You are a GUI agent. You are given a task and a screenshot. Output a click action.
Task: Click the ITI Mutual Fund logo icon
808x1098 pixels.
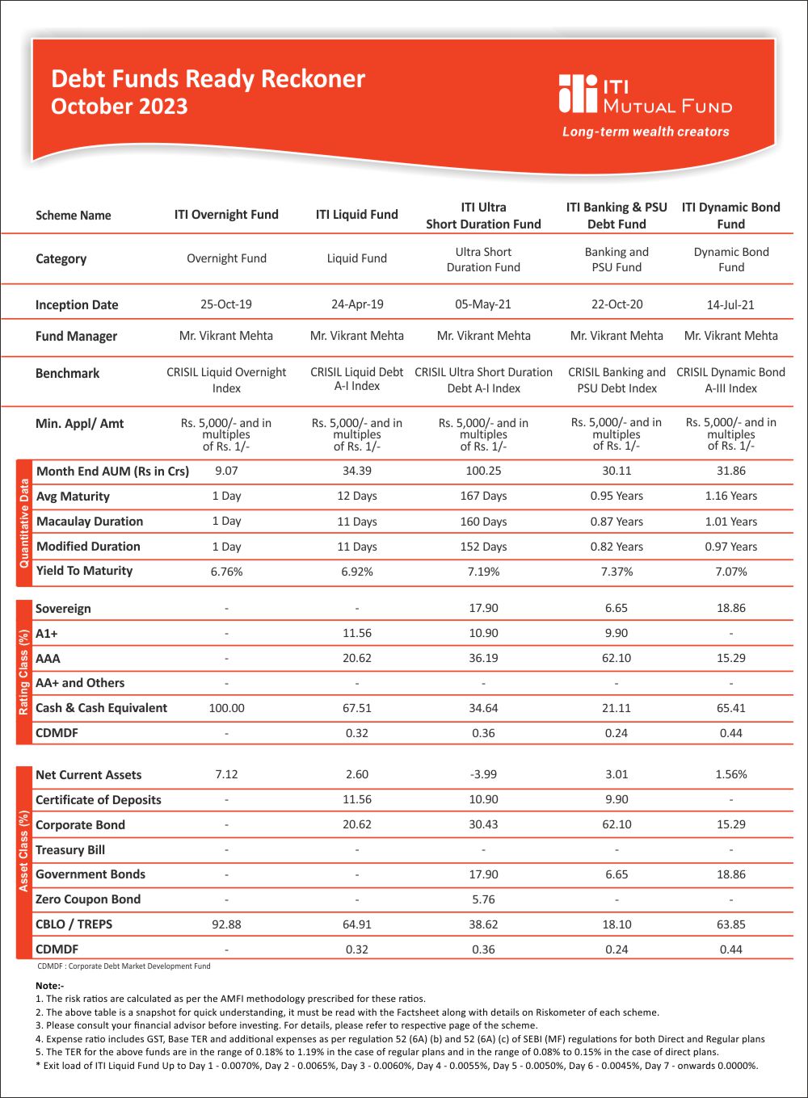pyautogui.click(x=578, y=94)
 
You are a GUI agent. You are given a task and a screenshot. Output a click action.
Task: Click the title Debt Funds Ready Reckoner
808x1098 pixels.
pyautogui.click(x=208, y=79)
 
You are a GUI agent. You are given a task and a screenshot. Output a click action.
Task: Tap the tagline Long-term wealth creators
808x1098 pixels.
pyautogui.click(x=646, y=132)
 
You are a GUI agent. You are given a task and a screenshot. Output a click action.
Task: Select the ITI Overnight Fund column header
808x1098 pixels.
pyautogui.click(x=226, y=215)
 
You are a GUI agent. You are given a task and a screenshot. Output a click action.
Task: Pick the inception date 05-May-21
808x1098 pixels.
pyautogui.click(x=483, y=304)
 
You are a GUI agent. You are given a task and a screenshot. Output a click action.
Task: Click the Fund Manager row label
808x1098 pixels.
pyautogui.click(x=76, y=336)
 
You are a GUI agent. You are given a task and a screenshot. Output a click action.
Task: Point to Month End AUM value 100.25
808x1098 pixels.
pyautogui.click(x=483, y=471)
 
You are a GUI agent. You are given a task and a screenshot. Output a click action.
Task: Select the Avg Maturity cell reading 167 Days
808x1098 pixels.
pyautogui.click(x=483, y=496)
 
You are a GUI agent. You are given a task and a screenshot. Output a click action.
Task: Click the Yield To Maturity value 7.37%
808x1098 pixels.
pyautogui.click(x=617, y=572)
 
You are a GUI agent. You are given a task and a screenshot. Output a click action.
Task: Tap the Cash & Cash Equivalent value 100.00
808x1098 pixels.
pyautogui.click(x=226, y=708)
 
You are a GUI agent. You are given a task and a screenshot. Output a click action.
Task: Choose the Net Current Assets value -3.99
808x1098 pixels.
pyautogui.click(x=483, y=774)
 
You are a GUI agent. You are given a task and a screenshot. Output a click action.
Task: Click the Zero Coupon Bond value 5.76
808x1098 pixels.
pyautogui.click(x=483, y=899)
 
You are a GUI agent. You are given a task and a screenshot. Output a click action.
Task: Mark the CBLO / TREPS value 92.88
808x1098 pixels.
pyautogui.click(x=226, y=924)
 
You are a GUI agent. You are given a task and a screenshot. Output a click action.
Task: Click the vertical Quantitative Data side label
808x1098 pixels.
pyautogui.click(x=24, y=522)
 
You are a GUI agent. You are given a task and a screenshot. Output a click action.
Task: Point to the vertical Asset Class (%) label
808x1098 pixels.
pyautogui.click(x=24, y=862)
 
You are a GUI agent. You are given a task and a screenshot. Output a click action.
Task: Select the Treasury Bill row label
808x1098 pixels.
pyautogui.click(x=70, y=850)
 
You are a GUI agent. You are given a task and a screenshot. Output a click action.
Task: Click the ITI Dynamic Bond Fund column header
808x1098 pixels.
pyautogui.click(x=730, y=216)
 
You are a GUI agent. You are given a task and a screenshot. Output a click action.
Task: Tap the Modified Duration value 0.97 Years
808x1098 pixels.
pyautogui.click(x=730, y=547)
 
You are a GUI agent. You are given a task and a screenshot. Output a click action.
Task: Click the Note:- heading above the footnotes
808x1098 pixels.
pyautogui.click(x=49, y=986)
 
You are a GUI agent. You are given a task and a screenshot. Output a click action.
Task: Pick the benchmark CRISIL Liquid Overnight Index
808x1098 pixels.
pyautogui.click(x=226, y=380)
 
